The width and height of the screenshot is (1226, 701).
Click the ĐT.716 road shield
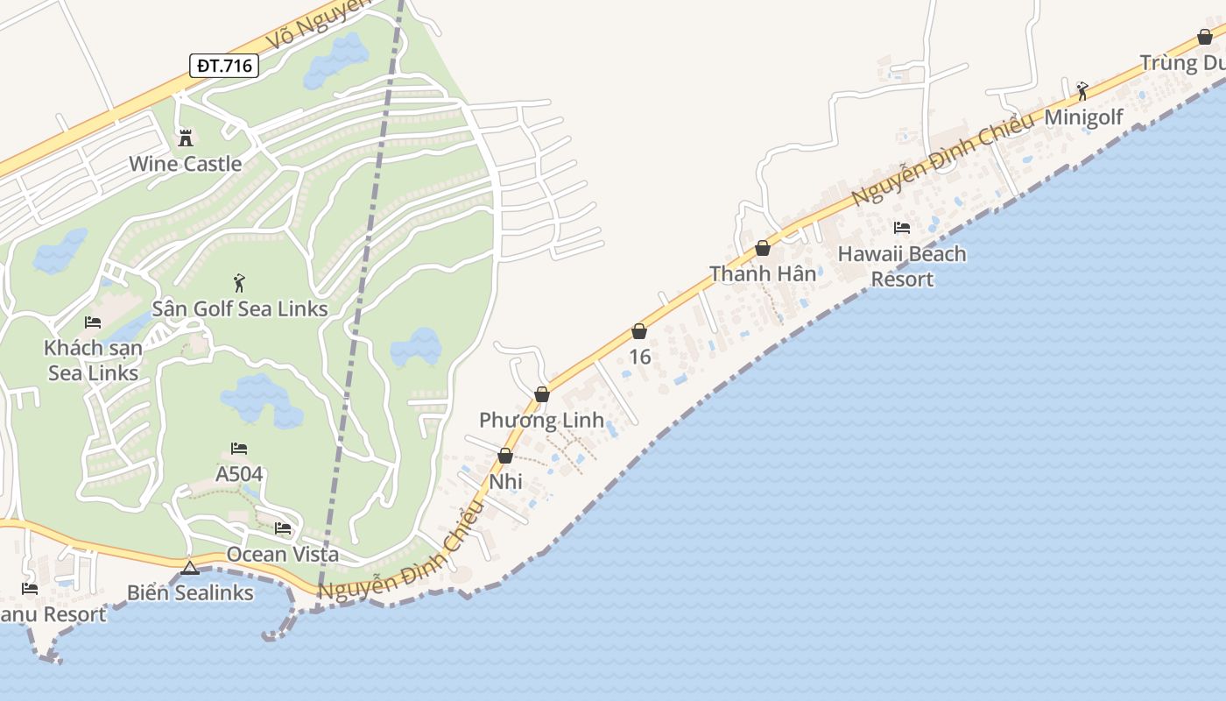(x=224, y=65)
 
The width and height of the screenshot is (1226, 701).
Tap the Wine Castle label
(x=185, y=164)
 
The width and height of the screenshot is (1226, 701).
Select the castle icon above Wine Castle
(x=186, y=138)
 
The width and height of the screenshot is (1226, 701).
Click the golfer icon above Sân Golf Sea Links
(x=239, y=283)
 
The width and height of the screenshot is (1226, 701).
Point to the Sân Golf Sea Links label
(x=240, y=308)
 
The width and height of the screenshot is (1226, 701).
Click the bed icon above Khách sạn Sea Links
(x=93, y=322)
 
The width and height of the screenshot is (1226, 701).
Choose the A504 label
(x=239, y=474)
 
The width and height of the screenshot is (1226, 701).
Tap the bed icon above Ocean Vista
(x=282, y=528)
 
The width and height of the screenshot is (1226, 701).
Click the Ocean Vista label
(x=282, y=554)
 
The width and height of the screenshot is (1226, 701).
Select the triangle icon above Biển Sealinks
(x=190, y=568)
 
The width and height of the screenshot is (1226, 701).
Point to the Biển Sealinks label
(x=190, y=592)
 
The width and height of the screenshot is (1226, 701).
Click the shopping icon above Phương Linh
(x=542, y=394)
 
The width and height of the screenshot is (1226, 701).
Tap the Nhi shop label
(x=505, y=481)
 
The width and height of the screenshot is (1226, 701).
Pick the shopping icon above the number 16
(x=639, y=331)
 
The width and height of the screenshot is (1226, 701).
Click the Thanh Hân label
(x=763, y=273)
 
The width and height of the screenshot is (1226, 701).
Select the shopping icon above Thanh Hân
(x=763, y=248)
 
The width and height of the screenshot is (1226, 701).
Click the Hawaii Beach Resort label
(x=902, y=266)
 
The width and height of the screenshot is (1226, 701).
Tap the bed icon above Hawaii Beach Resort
(x=902, y=228)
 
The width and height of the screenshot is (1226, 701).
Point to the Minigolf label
(x=1083, y=117)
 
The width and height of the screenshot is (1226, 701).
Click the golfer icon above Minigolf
(x=1083, y=90)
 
